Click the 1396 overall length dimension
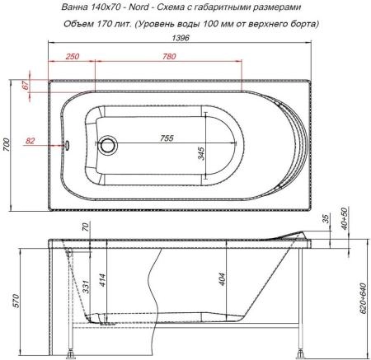pyautogui.click(x=185, y=40)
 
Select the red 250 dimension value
pyautogui.click(x=71, y=56)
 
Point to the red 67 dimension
pyautogui.click(x=26, y=86)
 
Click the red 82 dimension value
pyautogui.click(x=31, y=141)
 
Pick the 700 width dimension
pyautogui.click(x=7, y=144)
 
